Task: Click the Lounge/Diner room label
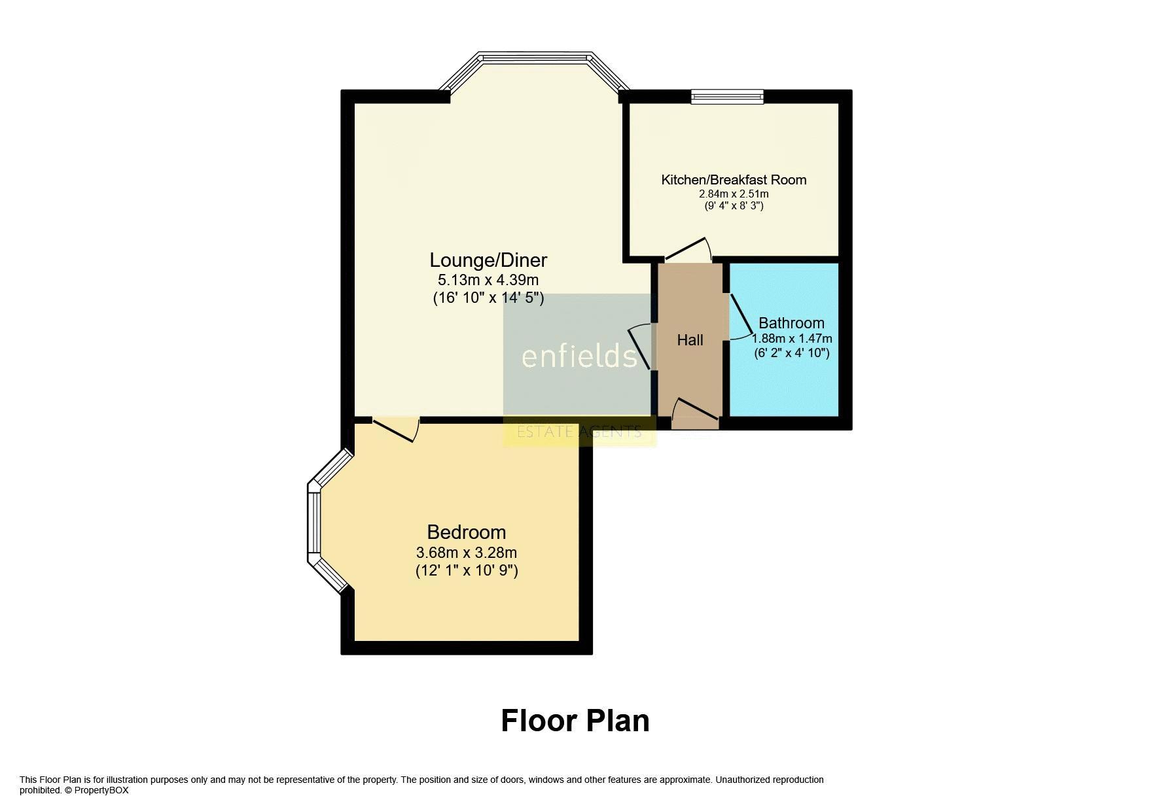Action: (488, 260)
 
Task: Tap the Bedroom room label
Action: (467, 532)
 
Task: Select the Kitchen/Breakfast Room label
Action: (734, 180)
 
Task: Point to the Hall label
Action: (690, 340)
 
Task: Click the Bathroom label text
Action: (791, 323)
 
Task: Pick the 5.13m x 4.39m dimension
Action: (488, 281)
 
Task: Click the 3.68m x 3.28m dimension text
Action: (467, 553)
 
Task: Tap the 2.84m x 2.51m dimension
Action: (734, 194)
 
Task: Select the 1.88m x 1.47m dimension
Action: (792, 339)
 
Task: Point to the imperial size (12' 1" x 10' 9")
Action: (467, 570)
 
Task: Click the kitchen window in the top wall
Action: (727, 96)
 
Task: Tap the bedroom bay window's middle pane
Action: (315, 523)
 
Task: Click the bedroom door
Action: (395, 430)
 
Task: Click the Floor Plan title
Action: (575, 721)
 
